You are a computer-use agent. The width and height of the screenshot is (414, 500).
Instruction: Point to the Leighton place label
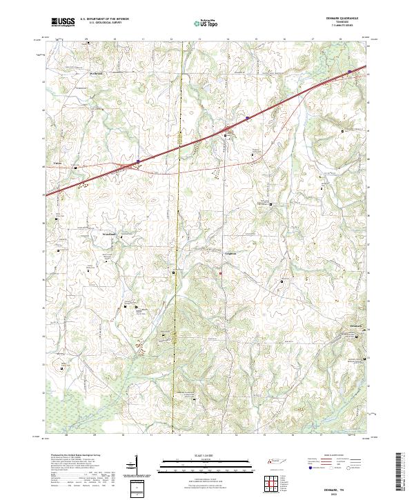point(230,252)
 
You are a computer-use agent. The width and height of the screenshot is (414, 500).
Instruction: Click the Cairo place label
point(49,164)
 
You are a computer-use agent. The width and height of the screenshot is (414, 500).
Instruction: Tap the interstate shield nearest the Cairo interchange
point(138,161)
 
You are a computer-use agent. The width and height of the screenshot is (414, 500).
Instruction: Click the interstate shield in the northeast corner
point(350,70)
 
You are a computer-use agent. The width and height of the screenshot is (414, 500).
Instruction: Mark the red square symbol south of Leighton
point(221,274)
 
